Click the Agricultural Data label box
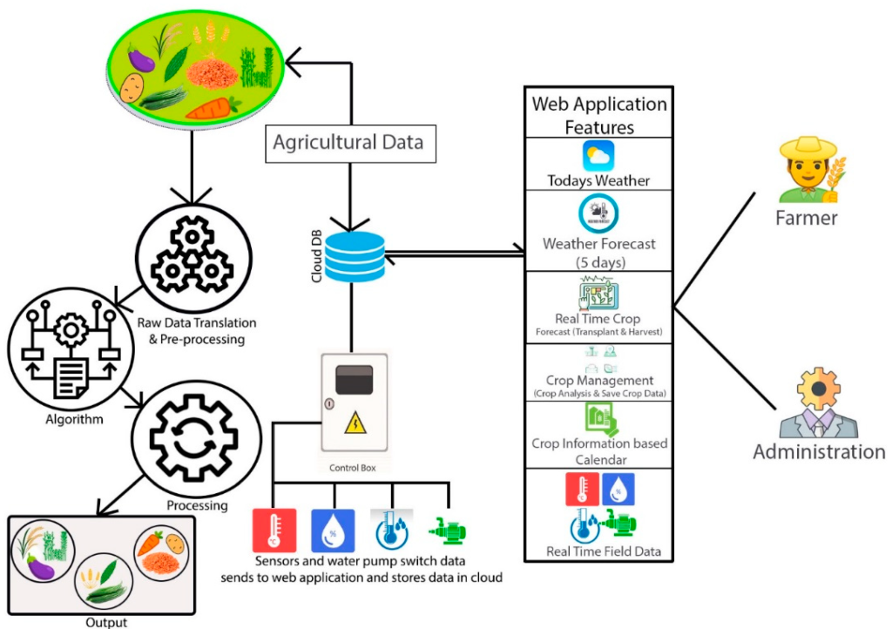click(350, 144)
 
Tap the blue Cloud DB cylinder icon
click(355, 256)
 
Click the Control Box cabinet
click(354, 402)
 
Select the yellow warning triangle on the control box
click(355, 422)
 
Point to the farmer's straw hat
click(808, 148)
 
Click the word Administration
click(819, 452)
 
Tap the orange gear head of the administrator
click(819, 389)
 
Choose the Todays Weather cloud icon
click(598, 156)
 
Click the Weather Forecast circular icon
click(598, 213)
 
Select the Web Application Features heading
click(599, 116)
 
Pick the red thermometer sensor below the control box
click(274, 530)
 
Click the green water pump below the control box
click(448, 531)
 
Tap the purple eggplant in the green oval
click(141, 60)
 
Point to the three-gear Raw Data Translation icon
click(193, 257)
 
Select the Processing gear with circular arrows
click(193, 438)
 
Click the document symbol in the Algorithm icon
click(71, 377)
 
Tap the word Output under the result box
click(106, 622)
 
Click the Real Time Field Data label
click(604, 551)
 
